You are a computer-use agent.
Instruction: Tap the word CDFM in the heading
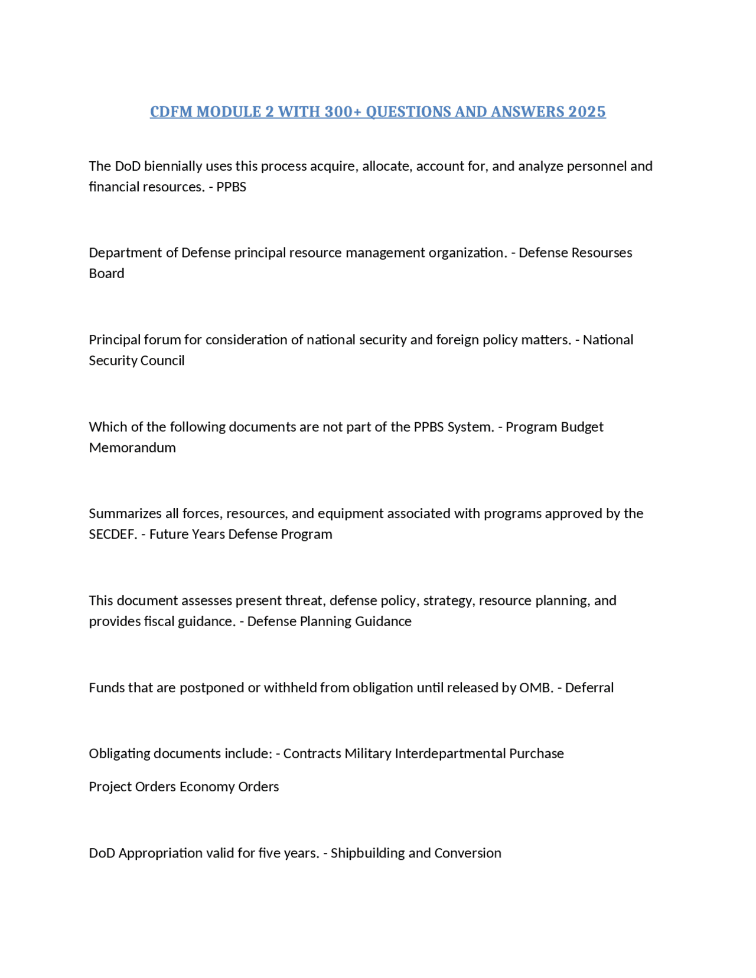coord(171,112)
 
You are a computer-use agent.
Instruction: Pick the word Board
coord(106,273)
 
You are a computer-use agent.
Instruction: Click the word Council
coord(160,360)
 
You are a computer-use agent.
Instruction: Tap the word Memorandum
coord(132,448)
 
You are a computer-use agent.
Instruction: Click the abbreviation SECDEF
coord(112,534)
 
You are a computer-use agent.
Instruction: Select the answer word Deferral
coord(589,687)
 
